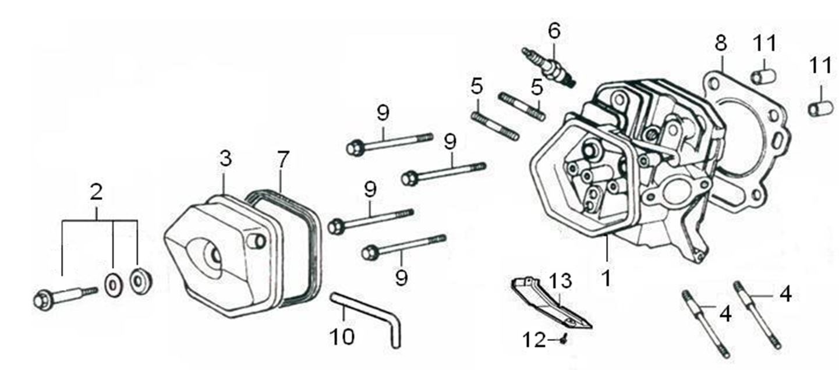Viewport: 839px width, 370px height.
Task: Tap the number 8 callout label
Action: pyautogui.click(x=721, y=43)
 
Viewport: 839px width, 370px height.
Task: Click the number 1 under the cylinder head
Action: pyautogui.click(x=606, y=277)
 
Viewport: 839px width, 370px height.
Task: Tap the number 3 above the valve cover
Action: pyautogui.click(x=225, y=158)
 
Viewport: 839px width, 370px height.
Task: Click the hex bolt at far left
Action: pyautogui.click(x=43, y=300)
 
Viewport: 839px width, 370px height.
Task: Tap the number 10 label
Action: pyautogui.click(x=342, y=336)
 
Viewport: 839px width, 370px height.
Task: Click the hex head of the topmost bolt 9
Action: pyautogui.click(x=354, y=148)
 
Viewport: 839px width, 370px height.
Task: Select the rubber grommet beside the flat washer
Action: pyautogui.click(x=140, y=282)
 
